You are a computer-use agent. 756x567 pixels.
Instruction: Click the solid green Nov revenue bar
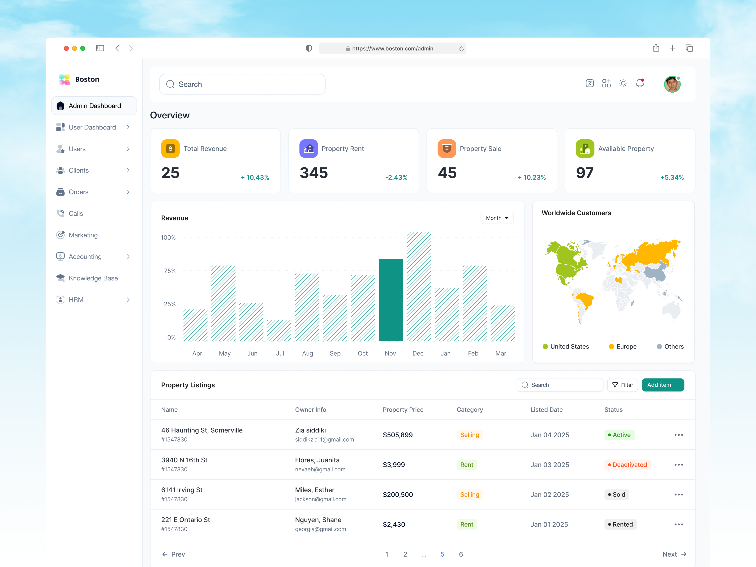pos(391,300)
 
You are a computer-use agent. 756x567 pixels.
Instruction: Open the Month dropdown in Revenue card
pos(497,218)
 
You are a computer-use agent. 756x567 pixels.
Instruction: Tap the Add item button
pos(662,385)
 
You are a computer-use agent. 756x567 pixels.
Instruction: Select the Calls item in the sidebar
pos(76,214)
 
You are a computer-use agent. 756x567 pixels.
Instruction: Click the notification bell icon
pos(640,83)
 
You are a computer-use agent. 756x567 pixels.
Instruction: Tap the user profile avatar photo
pos(672,84)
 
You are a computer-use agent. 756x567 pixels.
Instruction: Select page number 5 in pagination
pos(442,554)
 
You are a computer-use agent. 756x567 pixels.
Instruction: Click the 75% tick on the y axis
pos(170,271)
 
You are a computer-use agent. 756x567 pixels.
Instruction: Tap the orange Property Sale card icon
pos(446,149)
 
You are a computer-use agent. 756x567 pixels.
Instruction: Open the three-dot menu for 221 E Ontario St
pos(679,524)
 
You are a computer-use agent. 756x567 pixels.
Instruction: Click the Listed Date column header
pos(546,409)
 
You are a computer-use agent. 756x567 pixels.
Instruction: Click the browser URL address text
pos(392,48)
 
